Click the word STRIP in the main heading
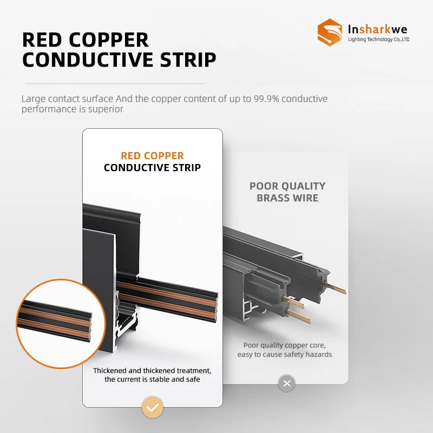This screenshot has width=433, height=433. coord(183,60)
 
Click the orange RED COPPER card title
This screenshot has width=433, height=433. coord(152,156)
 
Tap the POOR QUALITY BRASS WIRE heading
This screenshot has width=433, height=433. coord(287,192)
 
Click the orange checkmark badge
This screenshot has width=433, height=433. coord(153,407)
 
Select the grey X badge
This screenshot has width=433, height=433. coord(287,384)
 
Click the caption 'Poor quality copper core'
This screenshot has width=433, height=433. coord(284,345)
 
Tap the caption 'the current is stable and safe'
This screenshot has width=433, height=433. coord(152,379)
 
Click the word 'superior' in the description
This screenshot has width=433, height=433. coord(109,109)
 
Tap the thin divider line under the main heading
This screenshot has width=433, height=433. coord(113,83)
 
